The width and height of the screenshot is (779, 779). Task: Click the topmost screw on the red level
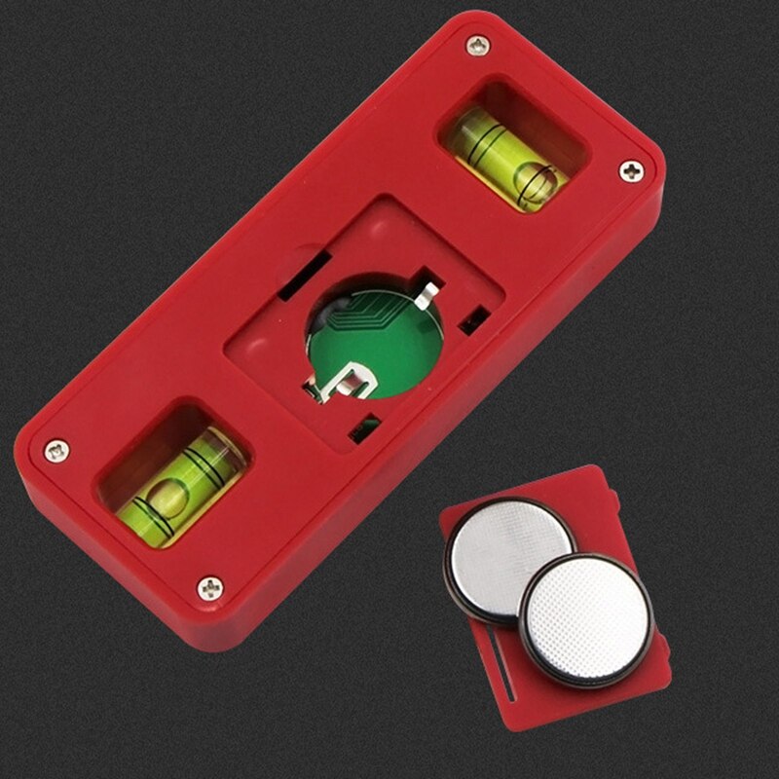[476, 45]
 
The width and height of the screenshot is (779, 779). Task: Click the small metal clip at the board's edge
[428, 288]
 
